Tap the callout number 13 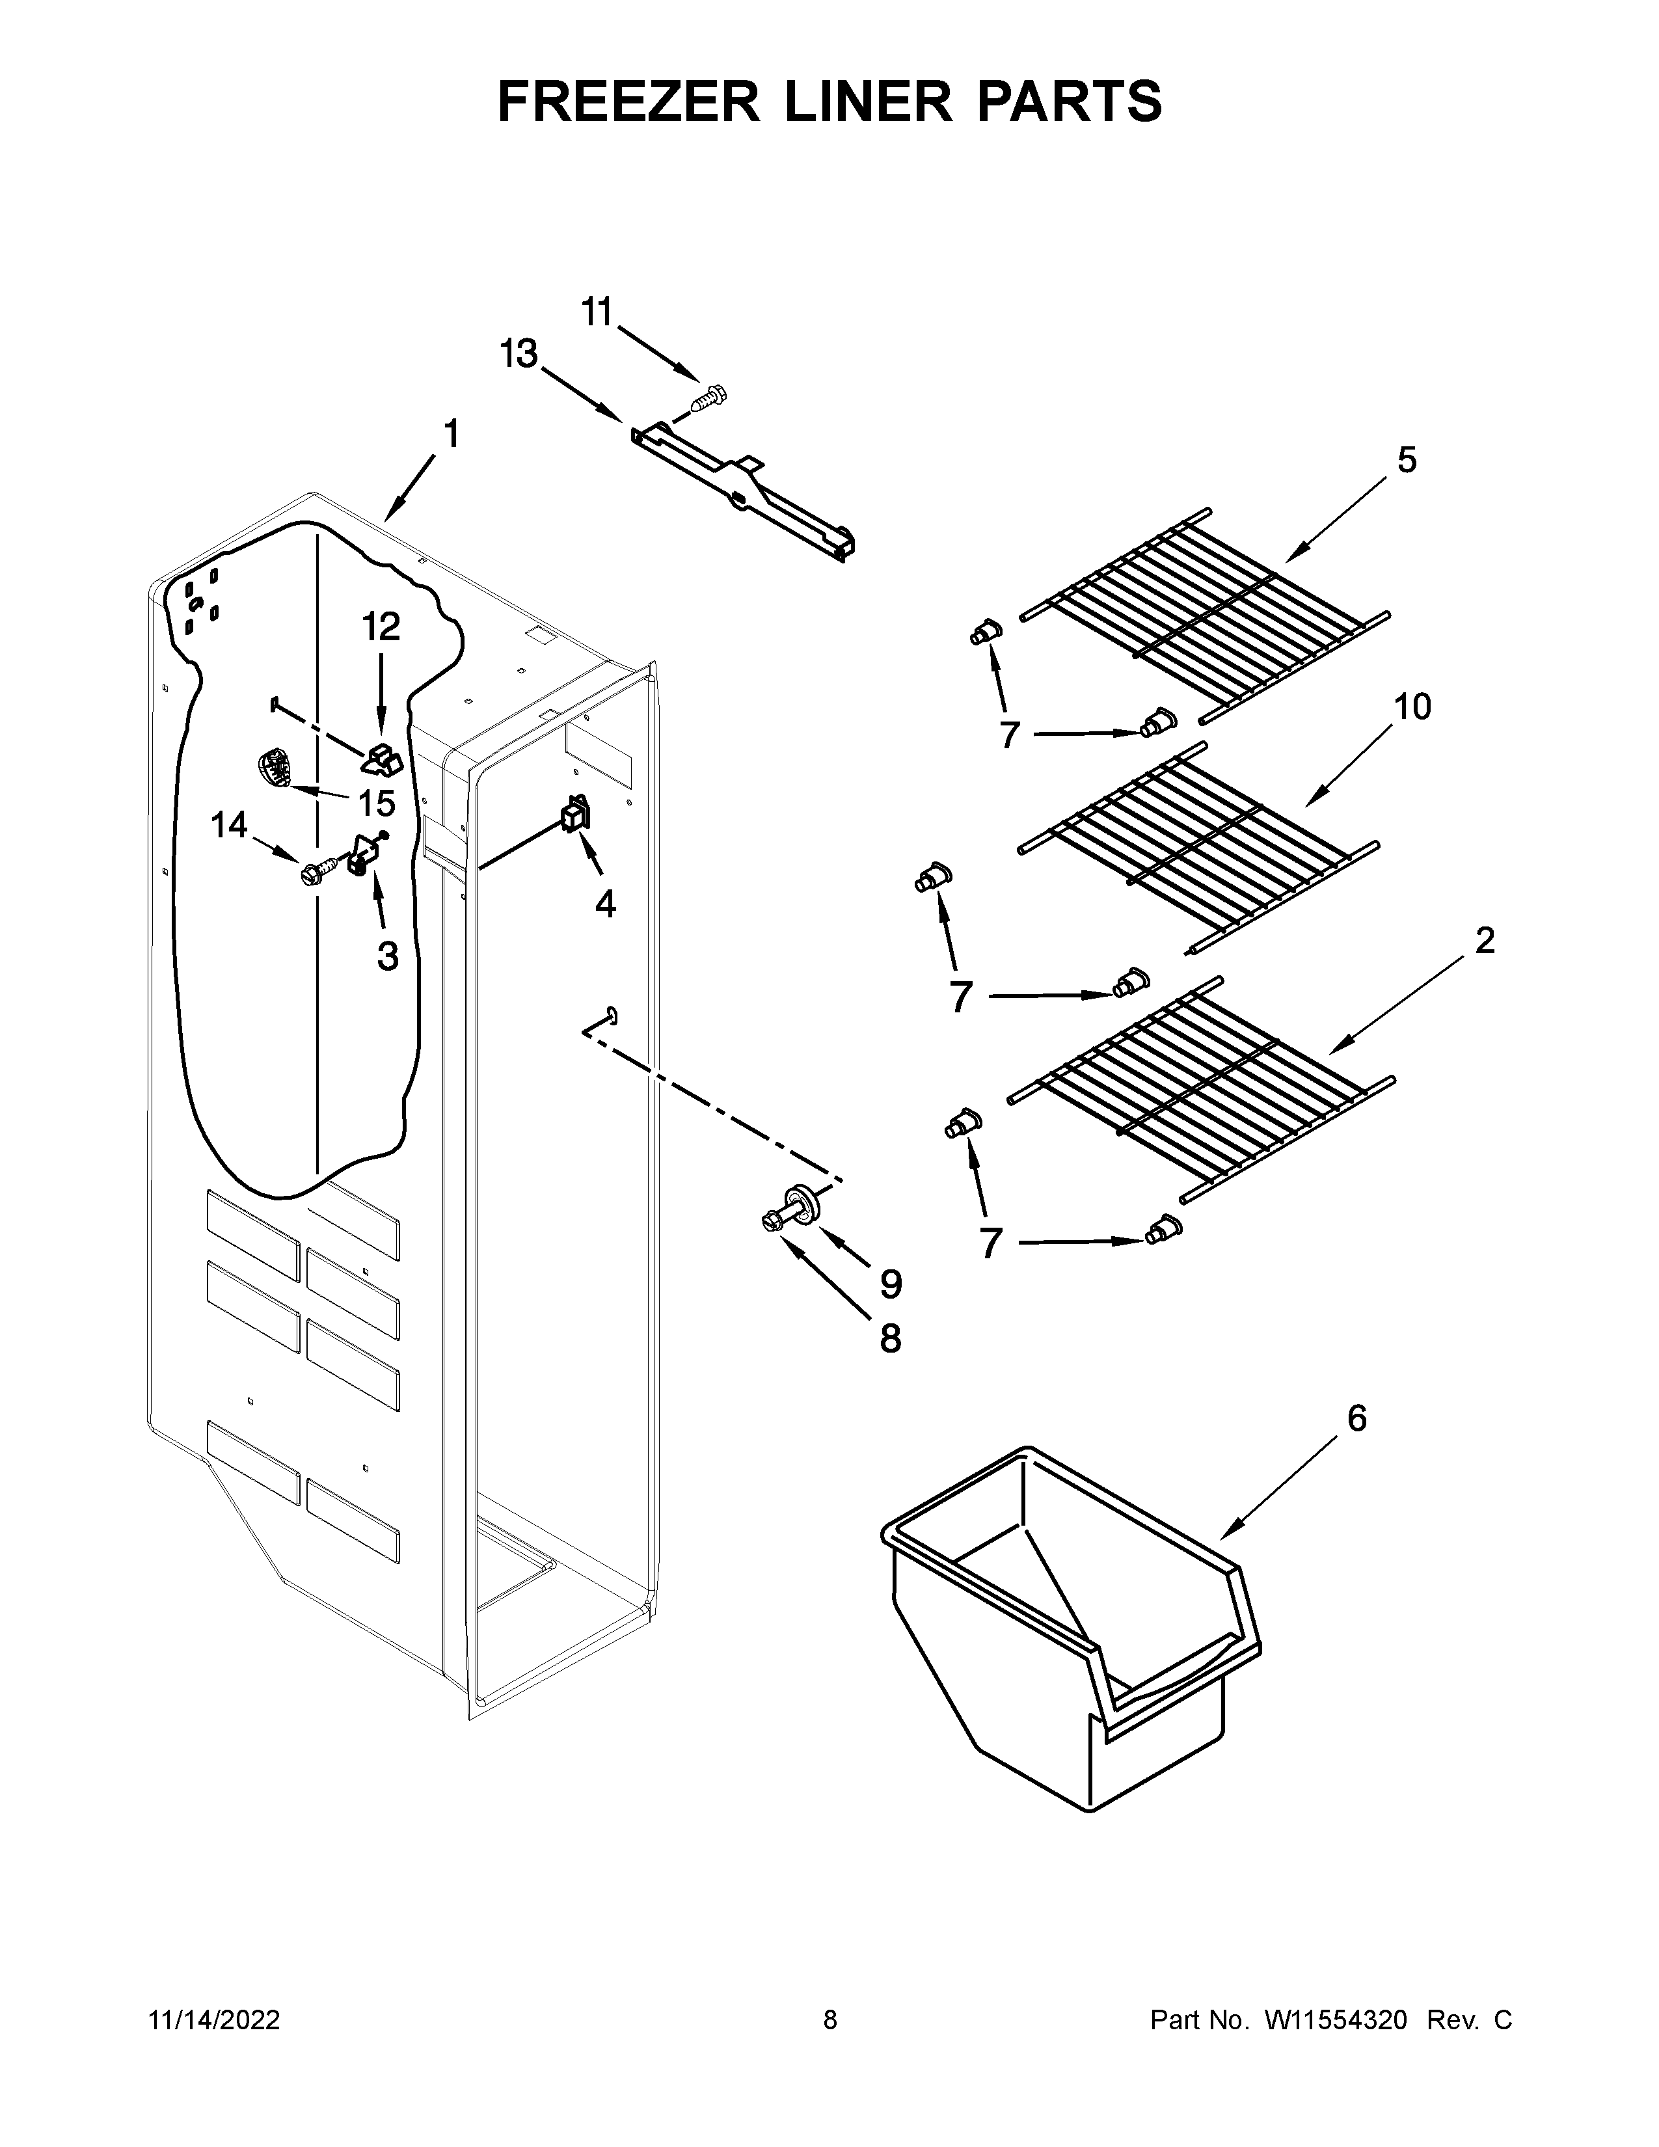point(519,355)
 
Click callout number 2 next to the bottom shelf point(1484,941)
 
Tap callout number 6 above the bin point(1356,1418)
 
